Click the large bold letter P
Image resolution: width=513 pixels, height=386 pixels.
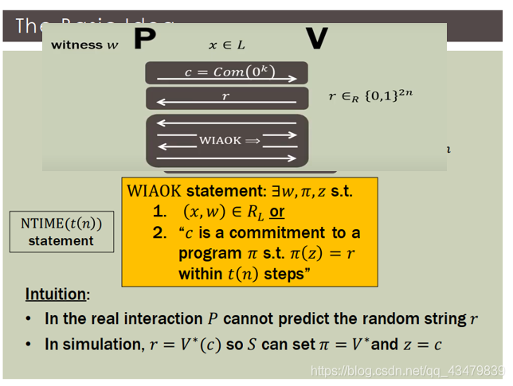coord(144,39)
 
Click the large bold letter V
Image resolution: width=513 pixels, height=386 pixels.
coord(316,39)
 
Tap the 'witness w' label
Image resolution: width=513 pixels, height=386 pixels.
coord(84,45)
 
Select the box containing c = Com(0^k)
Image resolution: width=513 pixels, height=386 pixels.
coord(226,72)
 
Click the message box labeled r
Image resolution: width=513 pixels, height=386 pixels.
coord(226,98)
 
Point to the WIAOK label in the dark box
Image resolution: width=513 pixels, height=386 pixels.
coord(220,140)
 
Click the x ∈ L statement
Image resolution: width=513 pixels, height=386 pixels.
coord(226,45)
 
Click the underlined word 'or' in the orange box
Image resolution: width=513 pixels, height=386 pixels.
coord(277,212)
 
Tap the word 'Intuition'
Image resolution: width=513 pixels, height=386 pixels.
coord(55,294)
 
